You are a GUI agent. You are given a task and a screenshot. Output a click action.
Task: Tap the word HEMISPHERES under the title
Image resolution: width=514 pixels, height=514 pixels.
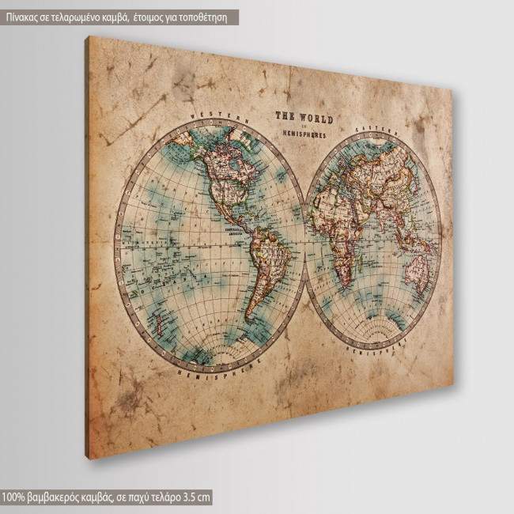304,134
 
